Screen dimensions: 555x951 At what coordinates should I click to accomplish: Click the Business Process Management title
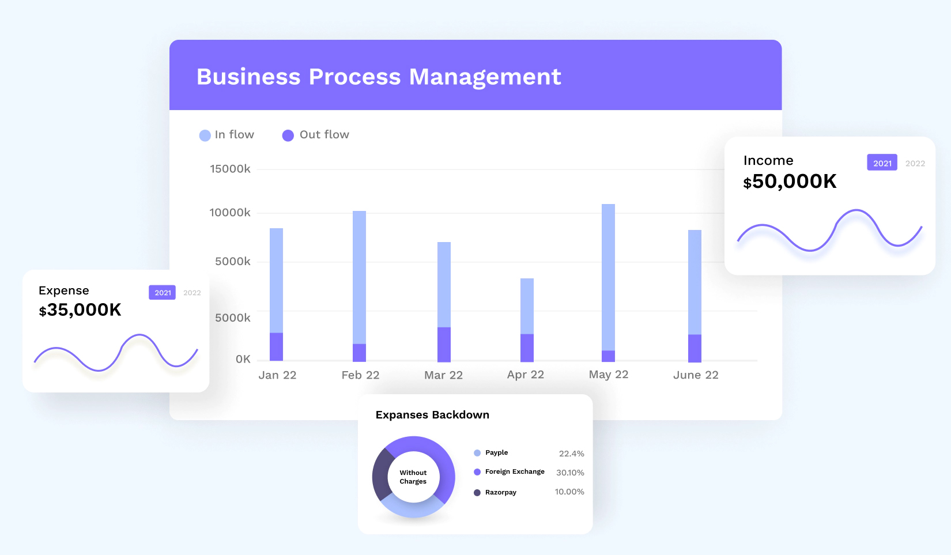pyautogui.click(x=379, y=77)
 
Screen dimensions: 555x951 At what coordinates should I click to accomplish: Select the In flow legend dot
pyautogui.click(x=205, y=135)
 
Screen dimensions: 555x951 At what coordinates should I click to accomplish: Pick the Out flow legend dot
pyautogui.click(x=288, y=135)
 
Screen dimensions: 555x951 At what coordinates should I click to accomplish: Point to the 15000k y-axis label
pyautogui.click(x=230, y=169)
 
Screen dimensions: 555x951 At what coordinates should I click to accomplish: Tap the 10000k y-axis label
pyautogui.click(x=230, y=213)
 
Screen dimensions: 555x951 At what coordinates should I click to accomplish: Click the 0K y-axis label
pyautogui.click(x=243, y=359)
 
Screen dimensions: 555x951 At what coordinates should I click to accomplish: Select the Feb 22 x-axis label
pyautogui.click(x=360, y=375)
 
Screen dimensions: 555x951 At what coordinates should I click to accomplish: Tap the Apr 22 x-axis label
pyautogui.click(x=525, y=375)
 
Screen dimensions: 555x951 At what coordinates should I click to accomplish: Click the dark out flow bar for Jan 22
pyautogui.click(x=276, y=346)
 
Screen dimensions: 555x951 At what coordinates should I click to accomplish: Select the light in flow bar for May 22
pyautogui.click(x=608, y=277)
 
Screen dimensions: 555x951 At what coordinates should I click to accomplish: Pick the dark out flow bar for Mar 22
pyautogui.click(x=444, y=344)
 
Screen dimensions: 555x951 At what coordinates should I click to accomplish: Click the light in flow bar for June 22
pyautogui.click(x=695, y=282)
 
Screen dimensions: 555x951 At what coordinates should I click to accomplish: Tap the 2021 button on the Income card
pyautogui.click(x=882, y=163)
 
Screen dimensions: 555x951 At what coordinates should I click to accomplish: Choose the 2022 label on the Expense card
pyautogui.click(x=192, y=293)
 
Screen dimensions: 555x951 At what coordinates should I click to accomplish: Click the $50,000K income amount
pyautogui.click(x=790, y=182)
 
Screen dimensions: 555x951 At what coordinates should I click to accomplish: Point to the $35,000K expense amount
pyautogui.click(x=80, y=310)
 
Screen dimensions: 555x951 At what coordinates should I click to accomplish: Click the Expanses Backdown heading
pyautogui.click(x=432, y=415)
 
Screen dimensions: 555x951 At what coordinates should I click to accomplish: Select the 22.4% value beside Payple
pyautogui.click(x=571, y=454)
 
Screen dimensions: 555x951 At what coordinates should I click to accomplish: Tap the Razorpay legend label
pyautogui.click(x=500, y=492)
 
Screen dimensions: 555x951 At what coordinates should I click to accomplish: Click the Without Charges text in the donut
pyautogui.click(x=413, y=477)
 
